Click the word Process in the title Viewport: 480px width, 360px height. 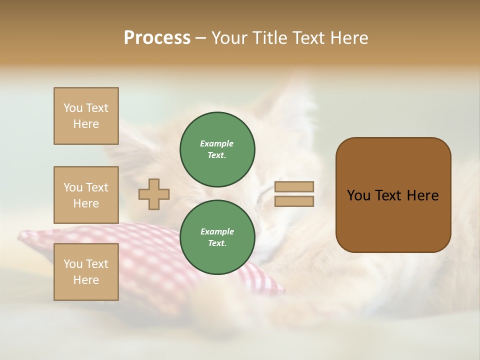tap(157, 38)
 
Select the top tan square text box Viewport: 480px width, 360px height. tap(86, 116)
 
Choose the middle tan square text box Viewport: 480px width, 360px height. tap(86, 195)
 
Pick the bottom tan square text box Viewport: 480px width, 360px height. tap(86, 272)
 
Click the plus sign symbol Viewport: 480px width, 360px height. tap(154, 194)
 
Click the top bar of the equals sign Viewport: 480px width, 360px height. tap(294, 186)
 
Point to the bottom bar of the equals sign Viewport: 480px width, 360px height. tap(294, 201)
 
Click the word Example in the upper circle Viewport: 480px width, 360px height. tap(216, 143)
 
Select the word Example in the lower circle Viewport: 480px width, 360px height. tap(217, 231)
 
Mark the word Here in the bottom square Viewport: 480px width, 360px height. tap(86, 280)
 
